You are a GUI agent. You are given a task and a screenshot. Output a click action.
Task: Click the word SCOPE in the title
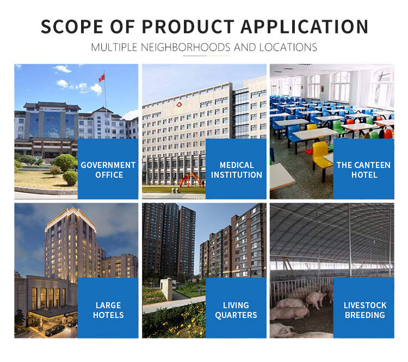click(x=72, y=27)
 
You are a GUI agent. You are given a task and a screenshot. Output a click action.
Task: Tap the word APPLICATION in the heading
click(x=304, y=27)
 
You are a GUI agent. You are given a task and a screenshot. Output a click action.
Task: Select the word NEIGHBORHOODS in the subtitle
click(x=186, y=47)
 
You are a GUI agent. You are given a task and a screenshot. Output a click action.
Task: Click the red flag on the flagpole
click(x=102, y=78)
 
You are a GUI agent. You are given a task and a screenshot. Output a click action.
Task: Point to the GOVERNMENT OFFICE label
click(x=108, y=170)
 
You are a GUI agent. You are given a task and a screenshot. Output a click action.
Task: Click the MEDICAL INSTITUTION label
click(x=237, y=170)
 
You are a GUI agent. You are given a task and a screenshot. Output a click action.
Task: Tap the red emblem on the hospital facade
click(x=179, y=104)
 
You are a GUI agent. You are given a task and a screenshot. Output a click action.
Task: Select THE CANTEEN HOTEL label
click(x=364, y=170)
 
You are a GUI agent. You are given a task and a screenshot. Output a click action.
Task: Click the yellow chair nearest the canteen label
click(x=321, y=156)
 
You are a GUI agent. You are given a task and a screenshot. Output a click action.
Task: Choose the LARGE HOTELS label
click(x=108, y=310)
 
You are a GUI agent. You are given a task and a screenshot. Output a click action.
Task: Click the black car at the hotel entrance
click(x=55, y=330)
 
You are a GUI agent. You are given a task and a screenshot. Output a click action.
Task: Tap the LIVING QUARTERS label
click(x=236, y=310)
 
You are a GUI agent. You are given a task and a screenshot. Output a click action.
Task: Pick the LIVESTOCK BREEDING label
click(x=365, y=310)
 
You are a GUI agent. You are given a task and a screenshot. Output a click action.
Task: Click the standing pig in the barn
click(x=316, y=299)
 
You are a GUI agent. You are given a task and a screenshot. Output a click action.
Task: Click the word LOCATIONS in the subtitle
click(x=288, y=47)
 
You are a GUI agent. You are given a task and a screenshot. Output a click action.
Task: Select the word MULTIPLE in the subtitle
click(x=114, y=47)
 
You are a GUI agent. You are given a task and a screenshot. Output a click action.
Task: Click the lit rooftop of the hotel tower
click(x=71, y=218)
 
